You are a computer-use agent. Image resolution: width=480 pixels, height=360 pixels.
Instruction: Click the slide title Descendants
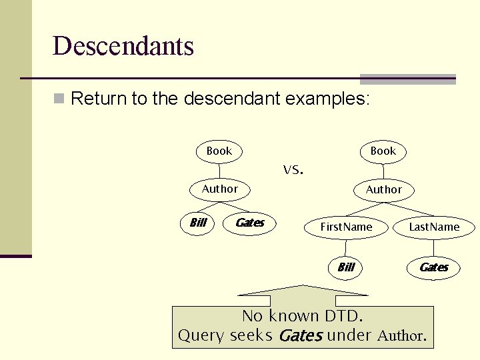[x=123, y=47]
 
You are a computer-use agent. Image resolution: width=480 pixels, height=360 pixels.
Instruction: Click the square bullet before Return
[x=59, y=100]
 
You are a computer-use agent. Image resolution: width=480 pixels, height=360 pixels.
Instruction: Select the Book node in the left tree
[x=219, y=151]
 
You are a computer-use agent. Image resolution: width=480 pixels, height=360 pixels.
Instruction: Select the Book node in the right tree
[x=383, y=151]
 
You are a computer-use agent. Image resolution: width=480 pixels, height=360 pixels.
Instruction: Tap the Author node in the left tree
[x=219, y=189]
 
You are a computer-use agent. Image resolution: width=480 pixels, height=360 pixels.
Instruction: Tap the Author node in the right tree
[x=383, y=190]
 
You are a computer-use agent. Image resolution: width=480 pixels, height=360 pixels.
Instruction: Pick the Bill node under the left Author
[x=198, y=223]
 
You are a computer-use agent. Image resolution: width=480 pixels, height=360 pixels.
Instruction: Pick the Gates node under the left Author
[x=250, y=223]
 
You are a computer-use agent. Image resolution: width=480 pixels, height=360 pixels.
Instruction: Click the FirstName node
[x=346, y=227]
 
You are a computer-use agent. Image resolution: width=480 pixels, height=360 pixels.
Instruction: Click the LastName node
[x=434, y=227]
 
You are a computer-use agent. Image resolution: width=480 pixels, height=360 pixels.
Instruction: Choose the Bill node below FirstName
[x=346, y=267]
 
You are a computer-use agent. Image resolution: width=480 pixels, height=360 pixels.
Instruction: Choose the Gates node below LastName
[x=434, y=267]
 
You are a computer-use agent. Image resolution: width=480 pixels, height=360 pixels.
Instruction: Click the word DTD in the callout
[x=341, y=316]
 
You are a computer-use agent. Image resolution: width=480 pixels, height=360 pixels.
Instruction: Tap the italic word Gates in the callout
[x=300, y=336]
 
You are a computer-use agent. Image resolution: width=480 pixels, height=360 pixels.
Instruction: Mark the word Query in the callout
[x=201, y=336]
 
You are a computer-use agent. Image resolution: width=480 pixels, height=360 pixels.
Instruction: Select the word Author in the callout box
[x=400, y=336]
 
